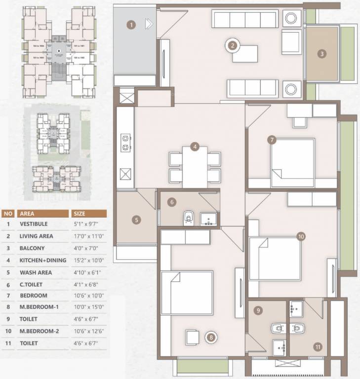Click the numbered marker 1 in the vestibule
(x=131, y=24)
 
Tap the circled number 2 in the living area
(x=233, y=46)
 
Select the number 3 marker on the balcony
(x=322, y=54)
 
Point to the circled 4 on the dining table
(x=196, y=147)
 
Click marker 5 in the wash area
(x=137, y=220)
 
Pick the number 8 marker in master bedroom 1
(x=211, y=338)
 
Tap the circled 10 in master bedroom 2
(x=301, y=236)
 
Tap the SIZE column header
(x=79, y=214)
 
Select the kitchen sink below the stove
(x=125, y=174)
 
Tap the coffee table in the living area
(x=245, y=53)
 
